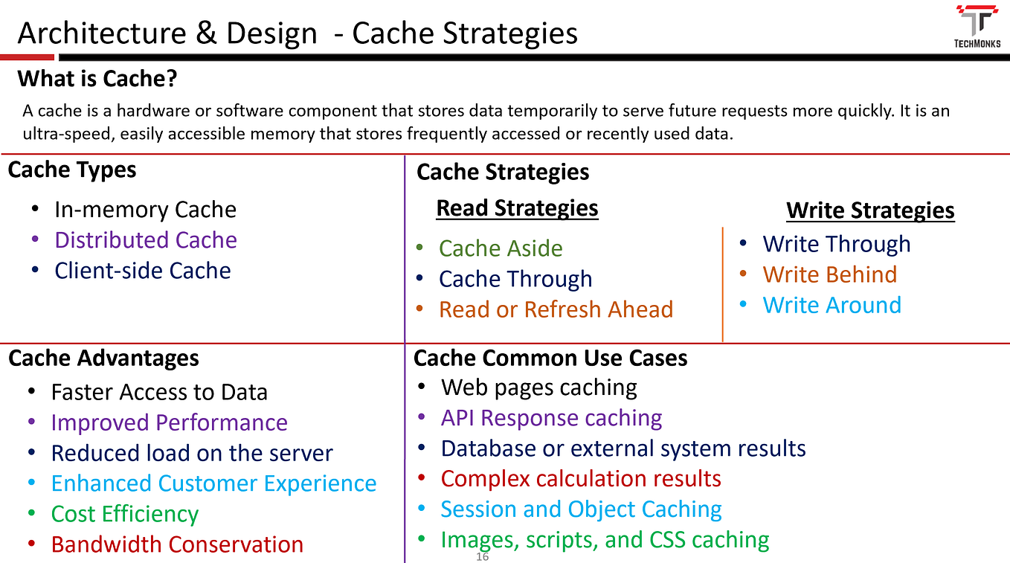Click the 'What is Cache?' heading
(97, 78)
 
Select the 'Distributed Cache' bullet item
(146, 240)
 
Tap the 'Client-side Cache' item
(143, 271)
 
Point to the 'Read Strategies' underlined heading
(517, 208)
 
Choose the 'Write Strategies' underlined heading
(870, 210)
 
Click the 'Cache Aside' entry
(501, 248)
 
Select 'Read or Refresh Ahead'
(556, 309)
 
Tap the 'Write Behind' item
(829, 274)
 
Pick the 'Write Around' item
(832, 305)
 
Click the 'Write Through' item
(836, 244)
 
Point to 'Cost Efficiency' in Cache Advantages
(125, 514)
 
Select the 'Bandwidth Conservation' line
(177, 544)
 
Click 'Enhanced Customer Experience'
(213, 483)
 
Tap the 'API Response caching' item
(551, 418)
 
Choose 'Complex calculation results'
(581, 479)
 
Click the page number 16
(483, 557)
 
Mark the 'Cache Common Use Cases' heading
(550, 358)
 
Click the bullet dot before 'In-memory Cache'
(35, 210)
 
